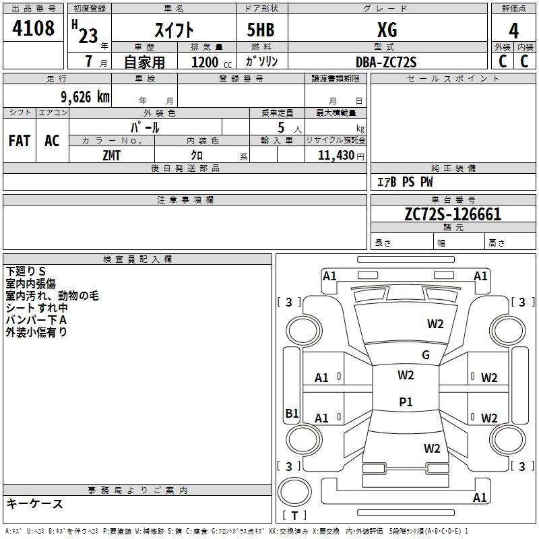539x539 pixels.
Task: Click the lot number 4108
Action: (33, 28)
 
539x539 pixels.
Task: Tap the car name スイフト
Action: (174, 30)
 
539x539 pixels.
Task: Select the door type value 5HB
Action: (260, 30)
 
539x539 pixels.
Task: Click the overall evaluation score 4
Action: (514, 30)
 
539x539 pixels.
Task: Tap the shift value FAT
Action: (19, 141)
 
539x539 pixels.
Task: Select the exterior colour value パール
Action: (145, 127)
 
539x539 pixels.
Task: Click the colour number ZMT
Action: (111, 154)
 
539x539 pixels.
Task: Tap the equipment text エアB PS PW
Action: (404, 182)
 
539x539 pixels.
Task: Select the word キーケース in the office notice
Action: (34, 504)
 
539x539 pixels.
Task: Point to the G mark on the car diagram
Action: (426, 355)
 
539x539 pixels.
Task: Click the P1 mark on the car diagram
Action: (406, 402)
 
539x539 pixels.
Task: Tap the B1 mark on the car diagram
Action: (292, 414)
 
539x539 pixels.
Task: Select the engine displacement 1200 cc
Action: (206, 62)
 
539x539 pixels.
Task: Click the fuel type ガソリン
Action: (261, 61)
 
